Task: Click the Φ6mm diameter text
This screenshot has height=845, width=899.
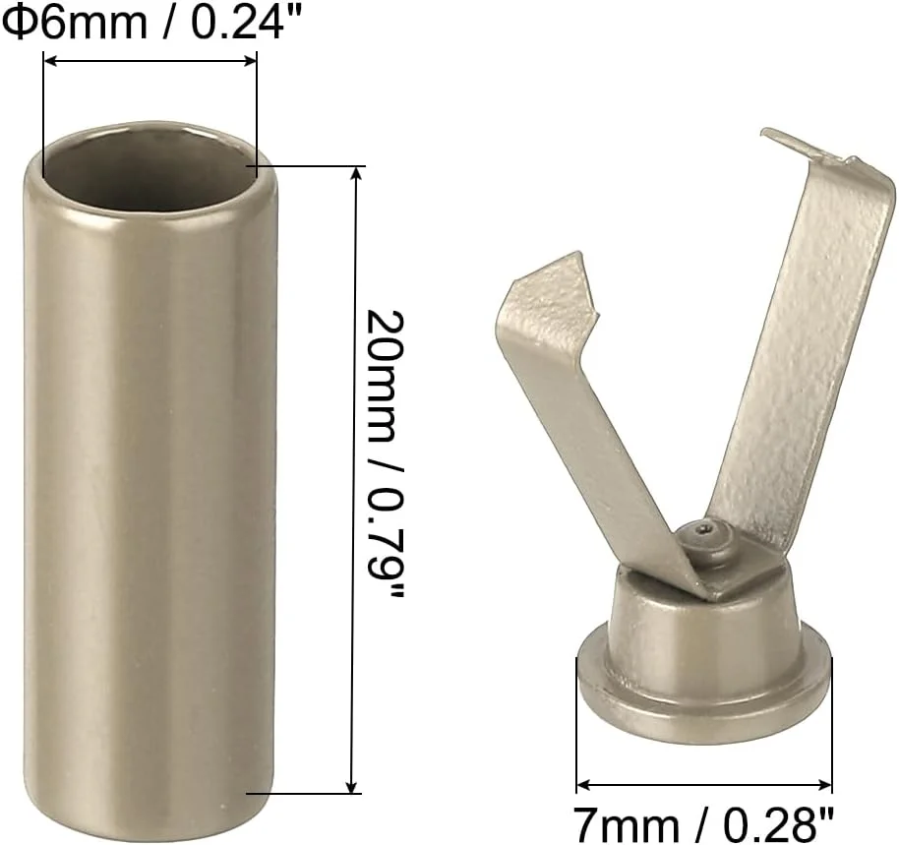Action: [74, 21]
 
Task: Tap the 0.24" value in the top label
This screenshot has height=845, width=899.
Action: [237, 21]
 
